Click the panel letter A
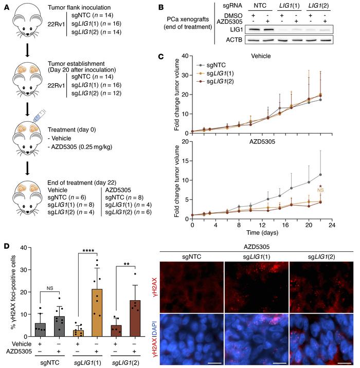[5, 6]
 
